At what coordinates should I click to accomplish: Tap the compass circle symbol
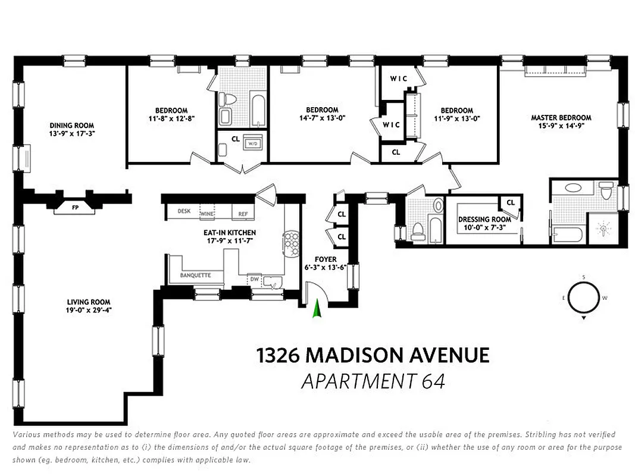pyautogui.click(x=584, y=297)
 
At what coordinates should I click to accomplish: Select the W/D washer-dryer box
pyautogui.click(x=252, y=143)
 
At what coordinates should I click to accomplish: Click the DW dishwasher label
pyautogui.click(x=254, y=278)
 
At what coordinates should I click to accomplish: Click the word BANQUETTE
pyautogui.click(x=195, y=275)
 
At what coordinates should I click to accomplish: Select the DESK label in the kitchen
pyautogui.click(x=183, y=211)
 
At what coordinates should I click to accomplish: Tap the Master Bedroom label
pyautogui.click(x=561, y=118)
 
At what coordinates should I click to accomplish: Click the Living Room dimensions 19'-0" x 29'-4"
pyautogui.click(x=89, y=310)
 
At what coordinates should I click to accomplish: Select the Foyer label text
pyautogui.click(x=326, y=259)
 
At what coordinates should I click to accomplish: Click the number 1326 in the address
pyautogui.click(x=278, y=356)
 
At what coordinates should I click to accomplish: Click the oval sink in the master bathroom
pyautogui.click(x=574, y=187)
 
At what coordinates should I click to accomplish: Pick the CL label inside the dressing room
pyautogui.click(x=511, y=203)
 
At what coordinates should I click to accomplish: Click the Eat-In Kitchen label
pyautogui.click(x=229, y=233)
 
